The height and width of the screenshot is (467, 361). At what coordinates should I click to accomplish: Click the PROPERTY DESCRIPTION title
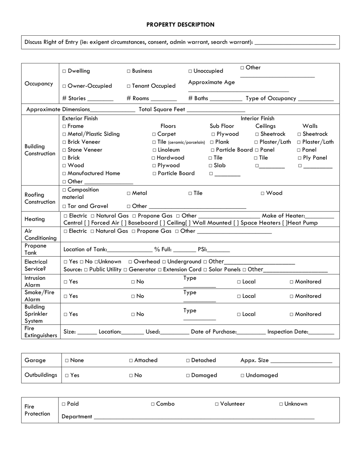(x=180, y=25)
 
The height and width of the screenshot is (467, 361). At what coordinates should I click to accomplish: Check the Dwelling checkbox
(x=64, y=71)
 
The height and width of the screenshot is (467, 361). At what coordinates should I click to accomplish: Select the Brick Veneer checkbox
(x=64, y=142)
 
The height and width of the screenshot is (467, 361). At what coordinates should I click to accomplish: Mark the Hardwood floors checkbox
(x=154, y=158)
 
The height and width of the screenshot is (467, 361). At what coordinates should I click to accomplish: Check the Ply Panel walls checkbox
(x=300, y=158)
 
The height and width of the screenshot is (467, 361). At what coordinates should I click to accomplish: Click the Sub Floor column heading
(x=222, y=126)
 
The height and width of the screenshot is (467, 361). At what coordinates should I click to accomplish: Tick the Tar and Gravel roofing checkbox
(x=64, y=207)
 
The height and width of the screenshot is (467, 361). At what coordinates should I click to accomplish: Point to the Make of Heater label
(x=283, y=216)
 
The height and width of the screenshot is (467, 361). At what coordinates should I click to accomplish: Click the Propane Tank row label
(x=35, y=249)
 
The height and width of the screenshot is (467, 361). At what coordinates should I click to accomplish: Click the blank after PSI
(x=219, y=250)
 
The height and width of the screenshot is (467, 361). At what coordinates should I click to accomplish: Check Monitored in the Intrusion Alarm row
(x=291, y=282)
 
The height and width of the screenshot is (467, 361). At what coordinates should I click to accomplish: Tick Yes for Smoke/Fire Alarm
(x=65, y=296)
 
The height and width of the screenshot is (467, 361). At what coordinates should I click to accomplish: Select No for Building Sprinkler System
(x=133, y=314)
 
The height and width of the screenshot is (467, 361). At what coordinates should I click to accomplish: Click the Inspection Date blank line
(x=321, y=332)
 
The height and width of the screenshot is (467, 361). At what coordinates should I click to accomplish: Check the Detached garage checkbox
(x=188, y=361)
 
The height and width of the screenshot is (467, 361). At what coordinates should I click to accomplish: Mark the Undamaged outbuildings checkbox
(x=242, y=375)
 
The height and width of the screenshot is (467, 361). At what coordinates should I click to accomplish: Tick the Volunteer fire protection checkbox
(x=217, y=404)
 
